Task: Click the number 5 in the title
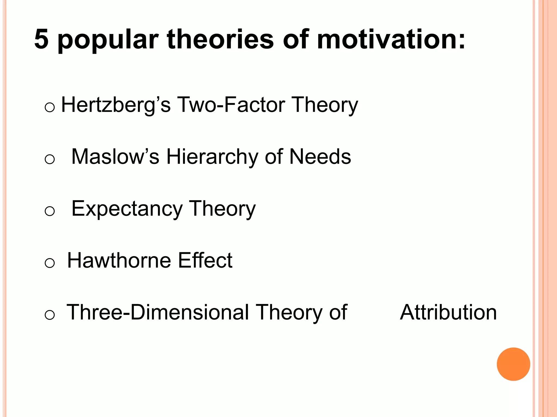pos(41,39)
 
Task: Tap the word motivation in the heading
pos(391,39)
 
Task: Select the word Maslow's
pos(115,157)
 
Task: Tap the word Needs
pos(320,157)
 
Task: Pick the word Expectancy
pos(127,209)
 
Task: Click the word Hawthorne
pos(119,260)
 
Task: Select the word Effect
pos(205,260)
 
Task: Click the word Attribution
pos(448,312)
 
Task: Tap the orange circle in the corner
pos(513,364)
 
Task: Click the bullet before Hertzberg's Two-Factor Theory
pos(49,107)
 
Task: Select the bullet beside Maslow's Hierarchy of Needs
pos(49,159)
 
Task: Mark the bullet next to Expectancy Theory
pos(49,211)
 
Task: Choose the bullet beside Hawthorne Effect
pos(49,263)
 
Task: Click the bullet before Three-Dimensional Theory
pos(49,315)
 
